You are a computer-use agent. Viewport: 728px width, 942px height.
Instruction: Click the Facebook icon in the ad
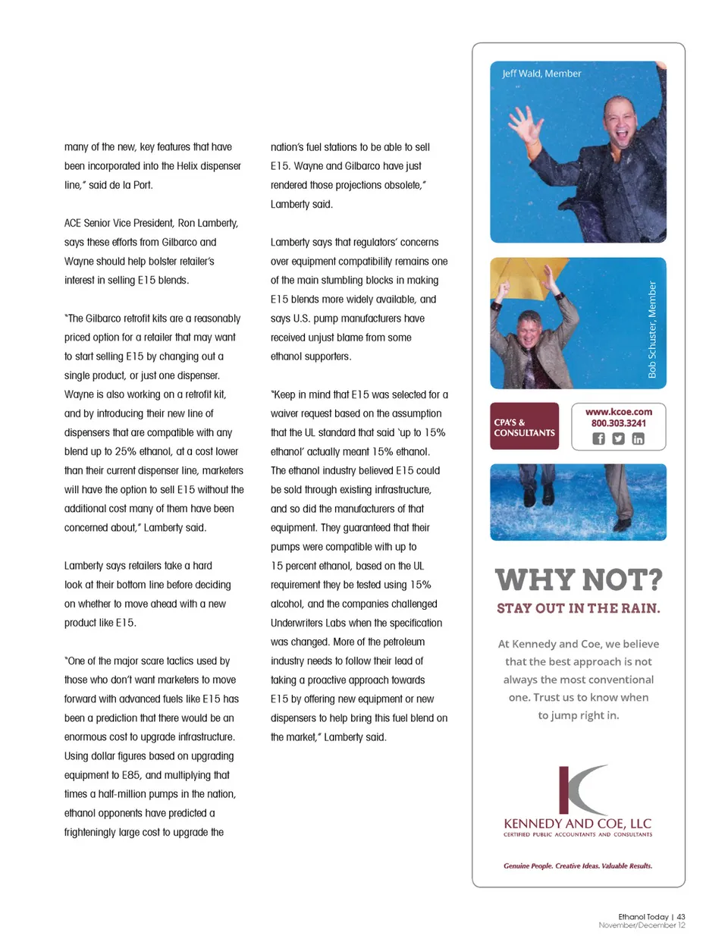pyautogui.click(x=598, y=438)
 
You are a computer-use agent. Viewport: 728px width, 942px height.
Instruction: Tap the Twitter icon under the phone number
pyautogui.click(x=618, y=438)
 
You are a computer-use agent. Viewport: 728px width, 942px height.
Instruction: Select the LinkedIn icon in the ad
pyautogui.click(x=638, y=438)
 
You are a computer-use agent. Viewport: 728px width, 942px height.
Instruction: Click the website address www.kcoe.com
pyautogui.click(x=618, y=412)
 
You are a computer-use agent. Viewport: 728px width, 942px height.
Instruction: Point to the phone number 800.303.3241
pyautogui.click(x=618, y=423)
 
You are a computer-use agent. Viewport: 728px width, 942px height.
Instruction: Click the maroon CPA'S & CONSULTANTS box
pyautogui.click(x=524, y=427)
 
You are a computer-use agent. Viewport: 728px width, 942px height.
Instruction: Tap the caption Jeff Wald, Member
pyautogui.click(x=541, y=74)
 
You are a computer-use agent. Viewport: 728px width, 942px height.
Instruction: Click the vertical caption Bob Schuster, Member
pyautogui.click(x=652, y=329)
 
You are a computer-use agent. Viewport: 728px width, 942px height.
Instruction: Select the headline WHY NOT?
pyautogui.click(x=579, y=580)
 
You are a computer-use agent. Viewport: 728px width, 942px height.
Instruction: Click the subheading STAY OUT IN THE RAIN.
pyautogui.click(x=579, y=608)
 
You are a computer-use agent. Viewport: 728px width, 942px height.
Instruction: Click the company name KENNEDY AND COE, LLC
pyautogui.click(x=578, y=824)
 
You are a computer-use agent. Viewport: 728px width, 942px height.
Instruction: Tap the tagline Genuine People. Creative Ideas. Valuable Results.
pyautogui.click(x=578, y=865)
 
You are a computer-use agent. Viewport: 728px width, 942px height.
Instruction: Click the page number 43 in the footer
pyautogui.click(x=681, y=916)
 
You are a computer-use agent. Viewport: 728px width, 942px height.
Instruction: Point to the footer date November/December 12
pyautogui.click(x=642, y=925)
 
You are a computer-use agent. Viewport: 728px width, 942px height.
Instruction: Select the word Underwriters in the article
pyautogui.click(x=298, y=623)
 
